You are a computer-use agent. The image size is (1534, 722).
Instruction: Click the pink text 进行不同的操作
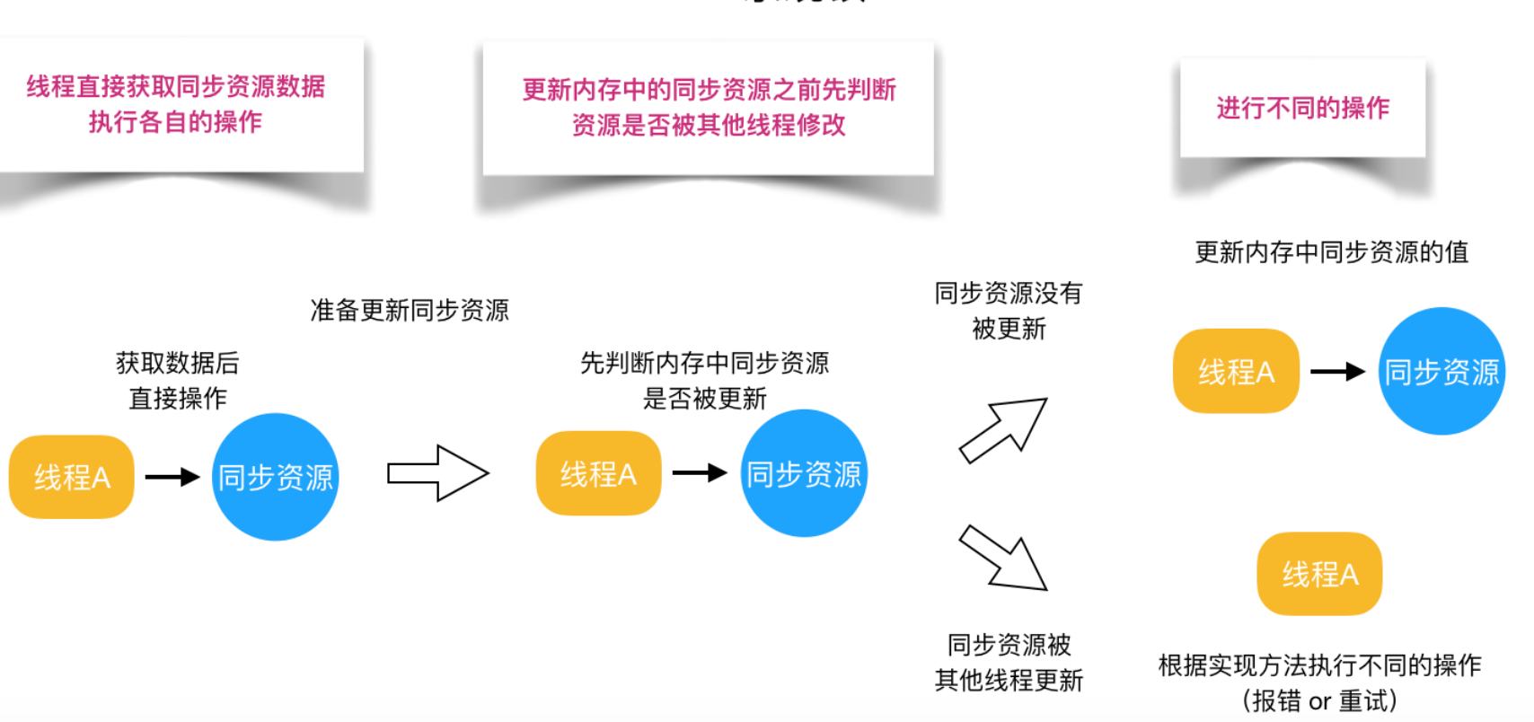click(1302, 109)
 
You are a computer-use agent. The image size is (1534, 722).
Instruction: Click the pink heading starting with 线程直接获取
click(176, 87)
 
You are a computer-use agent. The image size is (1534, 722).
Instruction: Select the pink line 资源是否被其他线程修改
click(709, 126)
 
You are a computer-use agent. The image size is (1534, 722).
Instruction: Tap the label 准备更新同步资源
click(410, 311)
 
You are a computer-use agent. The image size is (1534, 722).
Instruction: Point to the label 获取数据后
click(178, 364)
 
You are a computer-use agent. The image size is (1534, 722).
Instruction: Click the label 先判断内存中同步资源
click(705, 364)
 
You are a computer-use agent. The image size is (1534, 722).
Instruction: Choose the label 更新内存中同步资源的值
click(1331, 252)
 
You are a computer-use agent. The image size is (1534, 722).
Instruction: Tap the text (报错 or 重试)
click(1319, 701)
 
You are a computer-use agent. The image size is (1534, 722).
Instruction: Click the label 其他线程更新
click(1009, 681)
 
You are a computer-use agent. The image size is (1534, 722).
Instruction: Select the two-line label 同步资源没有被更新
click(1009, 311)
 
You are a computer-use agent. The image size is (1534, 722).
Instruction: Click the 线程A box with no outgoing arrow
click(1319, 574)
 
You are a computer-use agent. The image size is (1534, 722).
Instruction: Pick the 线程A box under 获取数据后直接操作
click(72, 477)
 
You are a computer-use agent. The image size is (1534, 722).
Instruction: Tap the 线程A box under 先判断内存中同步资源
click(598, 473)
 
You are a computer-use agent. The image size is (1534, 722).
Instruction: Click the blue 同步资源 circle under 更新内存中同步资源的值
click(1441, 372)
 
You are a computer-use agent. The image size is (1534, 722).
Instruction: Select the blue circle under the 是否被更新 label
click(804, 473)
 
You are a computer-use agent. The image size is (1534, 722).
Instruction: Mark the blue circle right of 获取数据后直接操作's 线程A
click(276, 477)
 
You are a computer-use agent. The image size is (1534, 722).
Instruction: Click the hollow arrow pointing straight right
click(437, 473)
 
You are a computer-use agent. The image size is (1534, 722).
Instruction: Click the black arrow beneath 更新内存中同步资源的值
click(1338, 371)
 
